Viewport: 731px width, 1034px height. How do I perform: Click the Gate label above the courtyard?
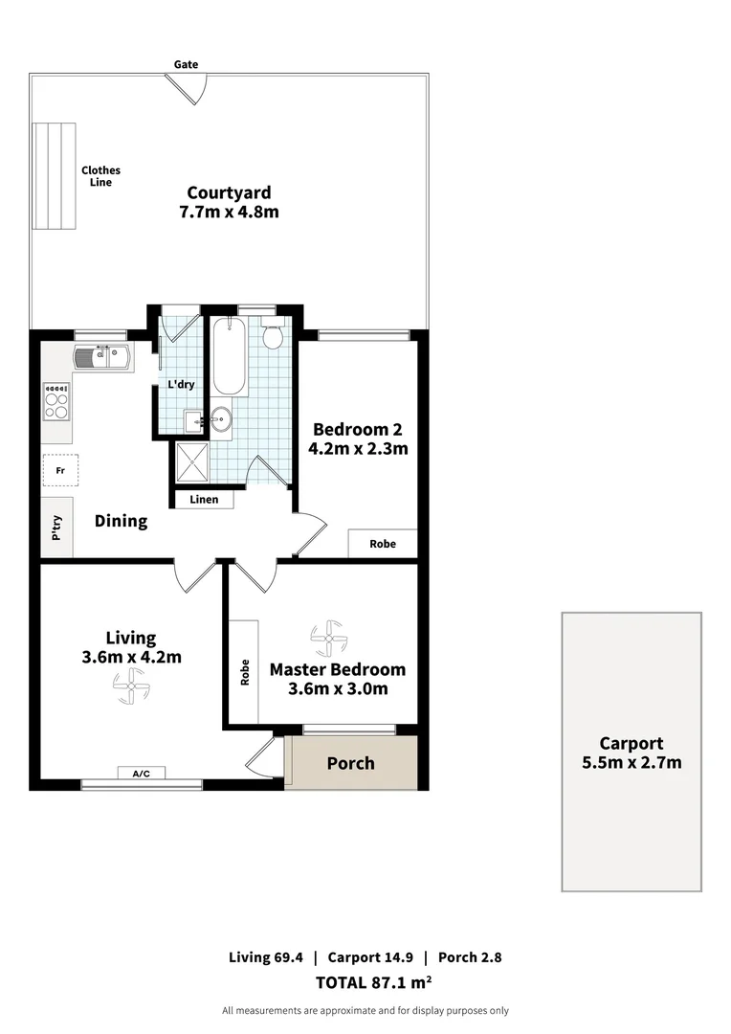186,64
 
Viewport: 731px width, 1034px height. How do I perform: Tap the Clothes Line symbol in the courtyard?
54,175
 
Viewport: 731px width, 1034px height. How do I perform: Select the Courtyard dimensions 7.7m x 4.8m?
229,212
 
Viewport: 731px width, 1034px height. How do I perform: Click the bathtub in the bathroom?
230,357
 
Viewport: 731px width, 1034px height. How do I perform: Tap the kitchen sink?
104,357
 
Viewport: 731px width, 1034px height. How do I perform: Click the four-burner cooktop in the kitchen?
56,401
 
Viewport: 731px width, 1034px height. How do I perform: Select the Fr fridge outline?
60,470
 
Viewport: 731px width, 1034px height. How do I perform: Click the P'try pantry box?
56,528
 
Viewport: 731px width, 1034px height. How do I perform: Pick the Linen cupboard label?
203,500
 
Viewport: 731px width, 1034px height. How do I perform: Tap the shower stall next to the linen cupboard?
190,463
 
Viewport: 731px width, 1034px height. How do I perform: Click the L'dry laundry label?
181,385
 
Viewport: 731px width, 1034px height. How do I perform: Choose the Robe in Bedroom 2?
383,543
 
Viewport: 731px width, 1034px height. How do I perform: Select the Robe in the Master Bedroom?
244,671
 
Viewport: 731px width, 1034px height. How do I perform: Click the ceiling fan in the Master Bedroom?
327,636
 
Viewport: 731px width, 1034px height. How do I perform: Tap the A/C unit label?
142,773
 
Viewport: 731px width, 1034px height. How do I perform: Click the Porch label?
351,763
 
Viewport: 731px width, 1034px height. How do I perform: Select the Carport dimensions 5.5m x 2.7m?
631,762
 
